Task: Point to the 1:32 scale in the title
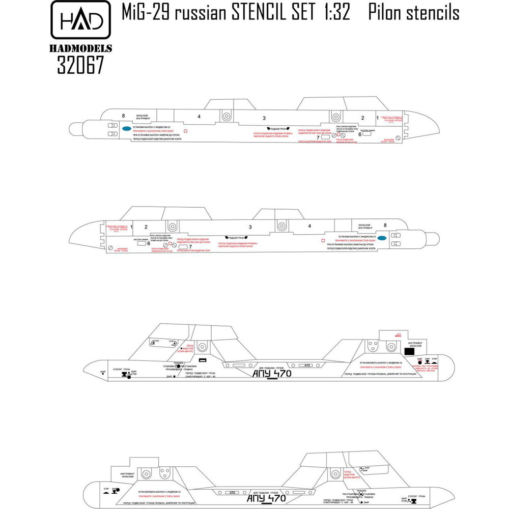coord(334,12)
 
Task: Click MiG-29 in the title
coord(145,12)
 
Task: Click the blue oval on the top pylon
coord(125,128)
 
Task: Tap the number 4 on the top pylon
coord(199,117)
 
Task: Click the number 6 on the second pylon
coord(148,243)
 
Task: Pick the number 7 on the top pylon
coord(319,137)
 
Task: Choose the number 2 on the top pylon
coord(362,118)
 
